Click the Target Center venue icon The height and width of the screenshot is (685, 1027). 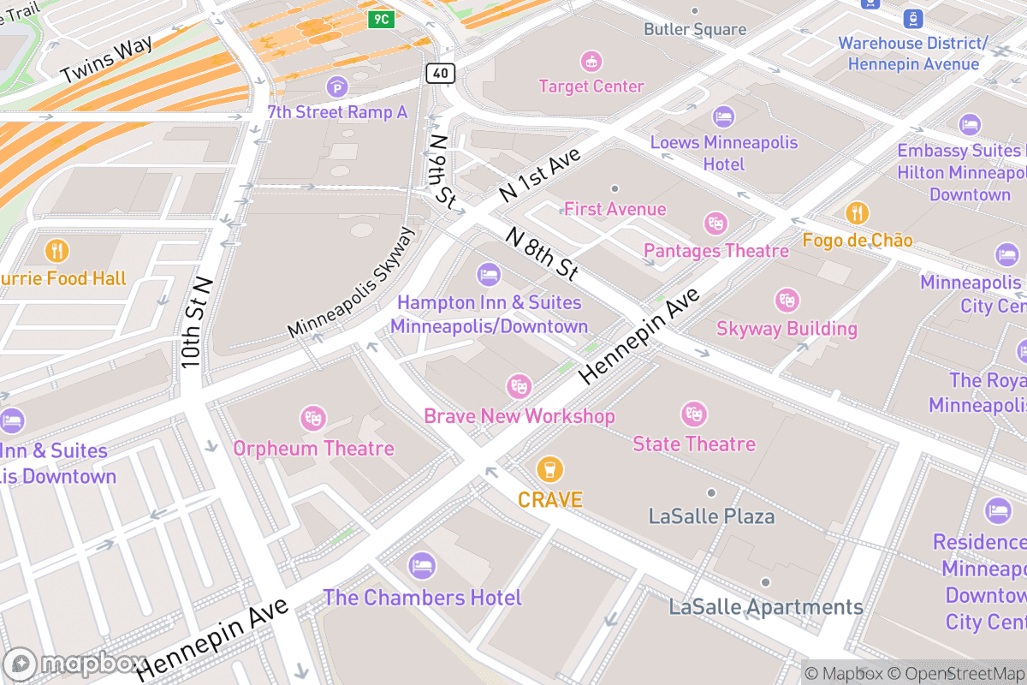(591, 62)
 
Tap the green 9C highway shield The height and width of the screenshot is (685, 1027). (382, 19)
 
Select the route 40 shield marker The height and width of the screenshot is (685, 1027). (440, 74)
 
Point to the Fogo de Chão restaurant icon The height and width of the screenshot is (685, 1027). (857, 213)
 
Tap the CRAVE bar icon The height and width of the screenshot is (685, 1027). (549, 469)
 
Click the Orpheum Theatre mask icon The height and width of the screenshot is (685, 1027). (313, 419)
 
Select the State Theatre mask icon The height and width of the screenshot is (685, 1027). (693, 414)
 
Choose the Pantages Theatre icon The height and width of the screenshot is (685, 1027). (715, 224)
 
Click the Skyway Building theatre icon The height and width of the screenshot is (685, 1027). (787, 301)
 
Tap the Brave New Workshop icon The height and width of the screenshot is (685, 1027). (519, 386)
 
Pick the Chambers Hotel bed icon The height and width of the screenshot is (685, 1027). (422, 566)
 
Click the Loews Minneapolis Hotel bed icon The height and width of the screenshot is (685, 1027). (724, 116)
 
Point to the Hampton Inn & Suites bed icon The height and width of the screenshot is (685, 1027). (488, 275)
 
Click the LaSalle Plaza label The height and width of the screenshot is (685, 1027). (711, 516)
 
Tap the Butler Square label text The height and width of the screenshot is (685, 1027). (695, 29)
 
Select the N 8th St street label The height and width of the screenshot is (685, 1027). (541, 253)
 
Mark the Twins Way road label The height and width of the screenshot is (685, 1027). (107, 60)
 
